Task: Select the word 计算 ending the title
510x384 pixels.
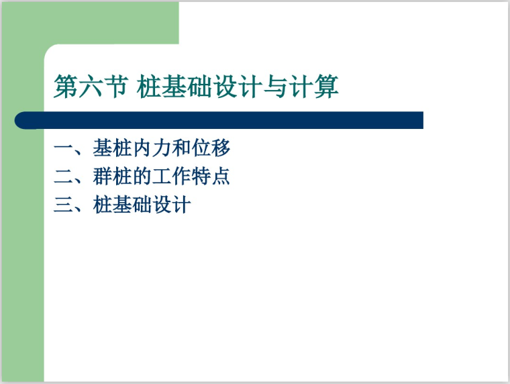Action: coord(317,88)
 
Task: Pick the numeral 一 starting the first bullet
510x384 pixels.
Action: coord(62,148)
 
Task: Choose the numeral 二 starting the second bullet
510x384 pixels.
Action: coord(62,177)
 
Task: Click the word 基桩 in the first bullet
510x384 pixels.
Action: coord(113,148)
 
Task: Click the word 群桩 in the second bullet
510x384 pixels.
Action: coord(113,177)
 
